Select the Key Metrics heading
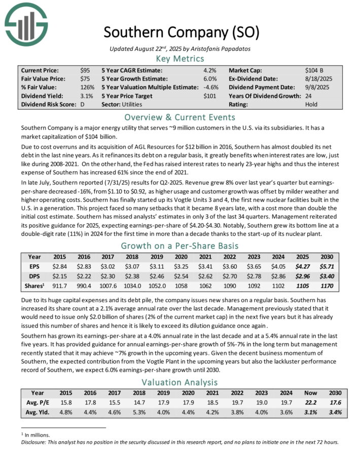tap(181, 59)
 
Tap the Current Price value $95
tap(85, 70)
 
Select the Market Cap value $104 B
tap(315, 70)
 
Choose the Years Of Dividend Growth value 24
tap(309, 96)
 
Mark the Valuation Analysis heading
tap(181, 382)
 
